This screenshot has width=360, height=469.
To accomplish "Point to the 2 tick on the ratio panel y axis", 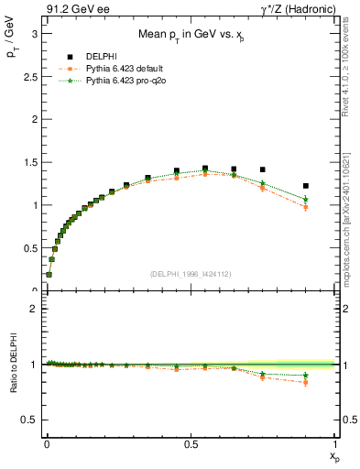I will click(x=33, y=309).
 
